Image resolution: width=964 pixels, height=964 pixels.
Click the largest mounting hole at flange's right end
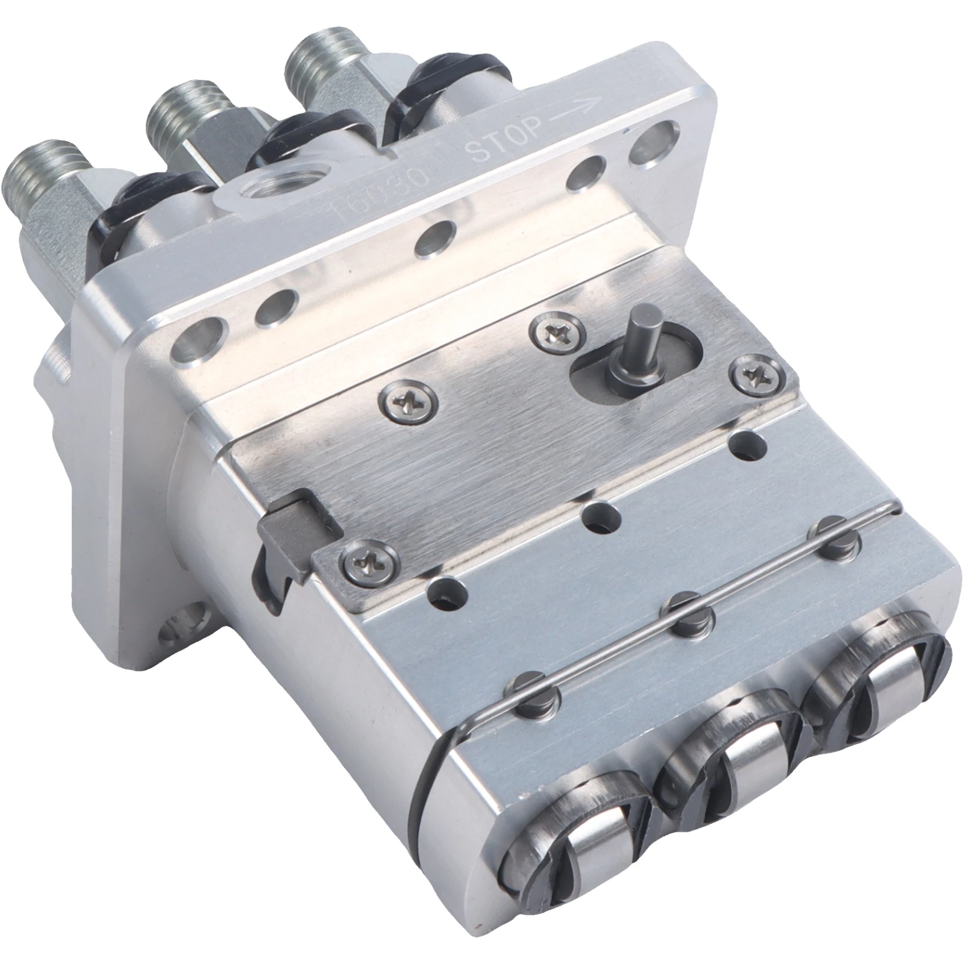(656, 140)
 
